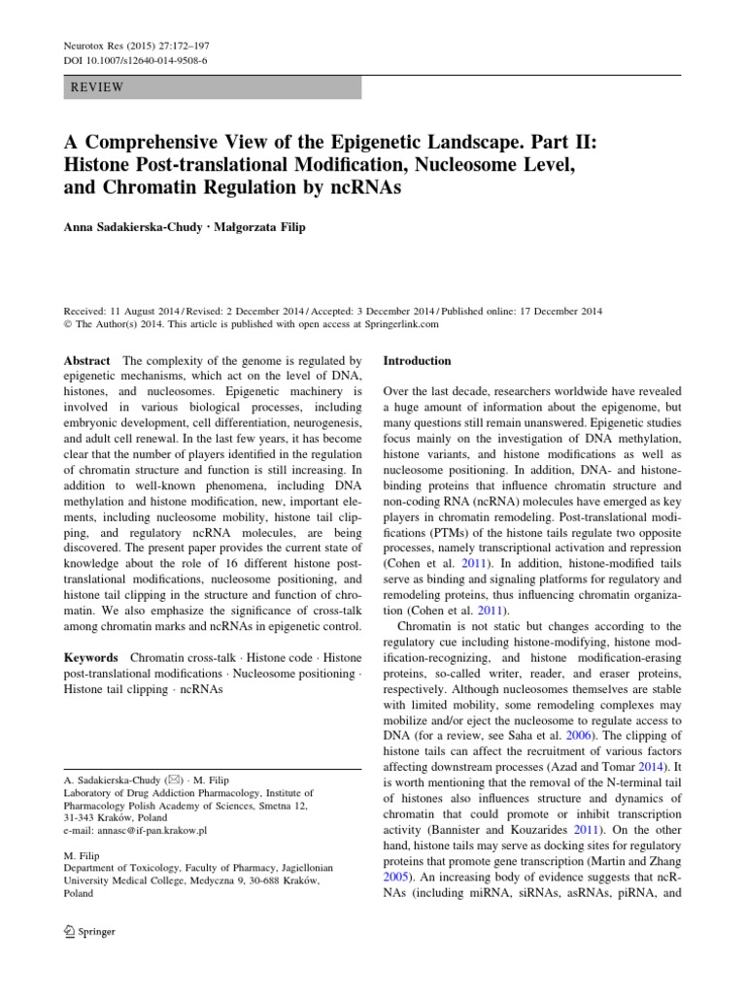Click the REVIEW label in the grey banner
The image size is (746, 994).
pos(99,87)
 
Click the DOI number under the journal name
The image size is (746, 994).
pos(132,60)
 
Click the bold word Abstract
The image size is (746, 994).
pos(86,360)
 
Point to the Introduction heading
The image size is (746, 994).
pos(417,360)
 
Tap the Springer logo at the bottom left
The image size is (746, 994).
pos(88,932)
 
